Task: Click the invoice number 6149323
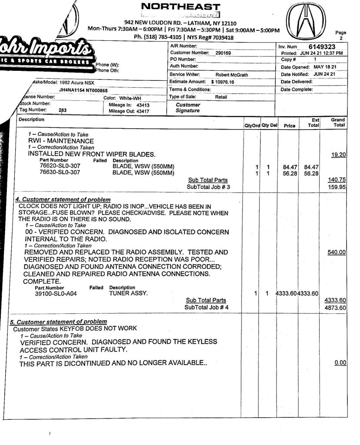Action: pos(326,46)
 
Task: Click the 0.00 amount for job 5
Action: pos(340,362)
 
